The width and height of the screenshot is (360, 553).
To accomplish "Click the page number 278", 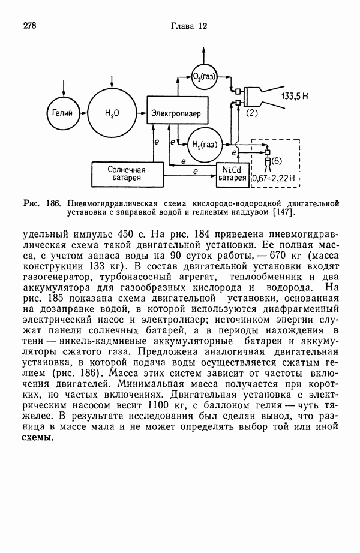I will (x=31, y=26).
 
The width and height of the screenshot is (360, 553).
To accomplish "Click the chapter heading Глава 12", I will (x=188, y=26).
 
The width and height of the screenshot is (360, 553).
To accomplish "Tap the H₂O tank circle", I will (x=112, y=113).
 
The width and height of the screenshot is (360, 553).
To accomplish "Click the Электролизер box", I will (x=176, y=113).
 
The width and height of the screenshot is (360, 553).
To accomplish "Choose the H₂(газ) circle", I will (x=204, y=144).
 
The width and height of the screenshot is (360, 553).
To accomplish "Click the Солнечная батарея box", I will (x=127, y=173).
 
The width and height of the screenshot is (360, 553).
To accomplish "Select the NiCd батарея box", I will (x=232, y=173).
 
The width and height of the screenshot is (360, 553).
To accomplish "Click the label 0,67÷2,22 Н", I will (x=275, y=178).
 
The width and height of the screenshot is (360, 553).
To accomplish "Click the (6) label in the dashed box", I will (x=277, y=161).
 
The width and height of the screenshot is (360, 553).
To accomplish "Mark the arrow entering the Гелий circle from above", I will (x=62, y=88).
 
